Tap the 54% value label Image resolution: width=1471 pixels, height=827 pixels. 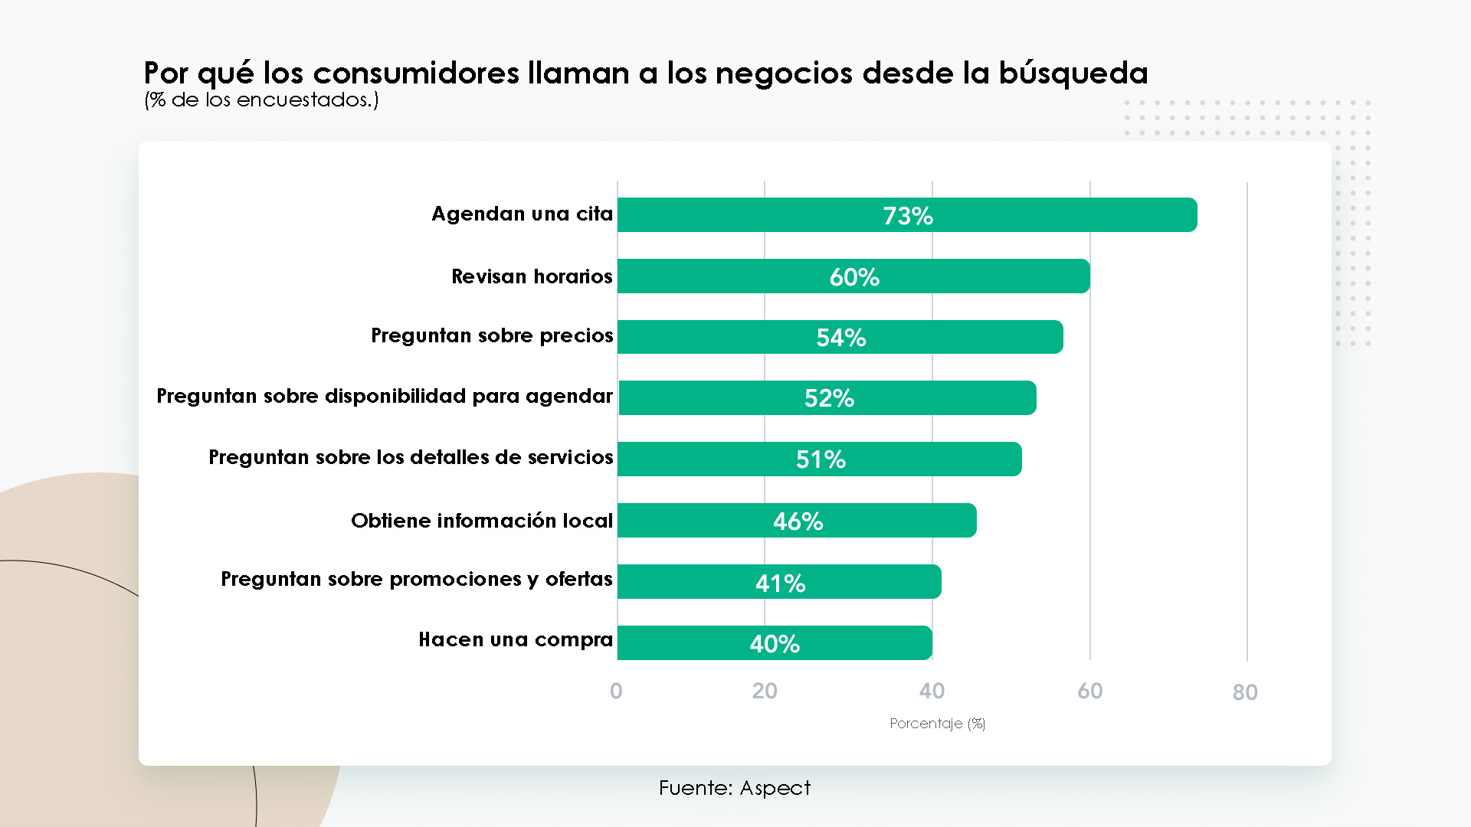[841, 338]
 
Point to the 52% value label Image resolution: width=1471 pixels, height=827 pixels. [829, 398]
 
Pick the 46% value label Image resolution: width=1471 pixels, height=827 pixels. [798, 521]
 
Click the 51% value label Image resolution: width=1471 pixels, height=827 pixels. [821, 459]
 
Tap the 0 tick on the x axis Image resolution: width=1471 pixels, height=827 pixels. [616, 691]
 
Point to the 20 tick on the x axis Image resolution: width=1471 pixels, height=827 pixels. [765, 691]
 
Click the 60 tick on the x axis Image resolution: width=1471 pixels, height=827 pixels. [1089, 691]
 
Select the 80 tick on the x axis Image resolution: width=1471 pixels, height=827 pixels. [1245, 692]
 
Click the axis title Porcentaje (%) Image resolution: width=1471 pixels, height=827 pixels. [937, 724]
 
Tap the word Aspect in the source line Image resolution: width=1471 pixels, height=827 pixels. [775, 788]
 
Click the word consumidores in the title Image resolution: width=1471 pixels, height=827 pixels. [416, 74]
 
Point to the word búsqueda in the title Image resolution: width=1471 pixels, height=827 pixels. [1073, 74]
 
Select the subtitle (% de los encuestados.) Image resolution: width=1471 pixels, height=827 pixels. [261, 100]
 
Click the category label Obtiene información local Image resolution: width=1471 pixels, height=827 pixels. [482, 521]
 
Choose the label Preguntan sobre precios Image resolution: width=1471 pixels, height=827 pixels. [492, 335]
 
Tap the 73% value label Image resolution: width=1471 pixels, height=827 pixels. [908, 216]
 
